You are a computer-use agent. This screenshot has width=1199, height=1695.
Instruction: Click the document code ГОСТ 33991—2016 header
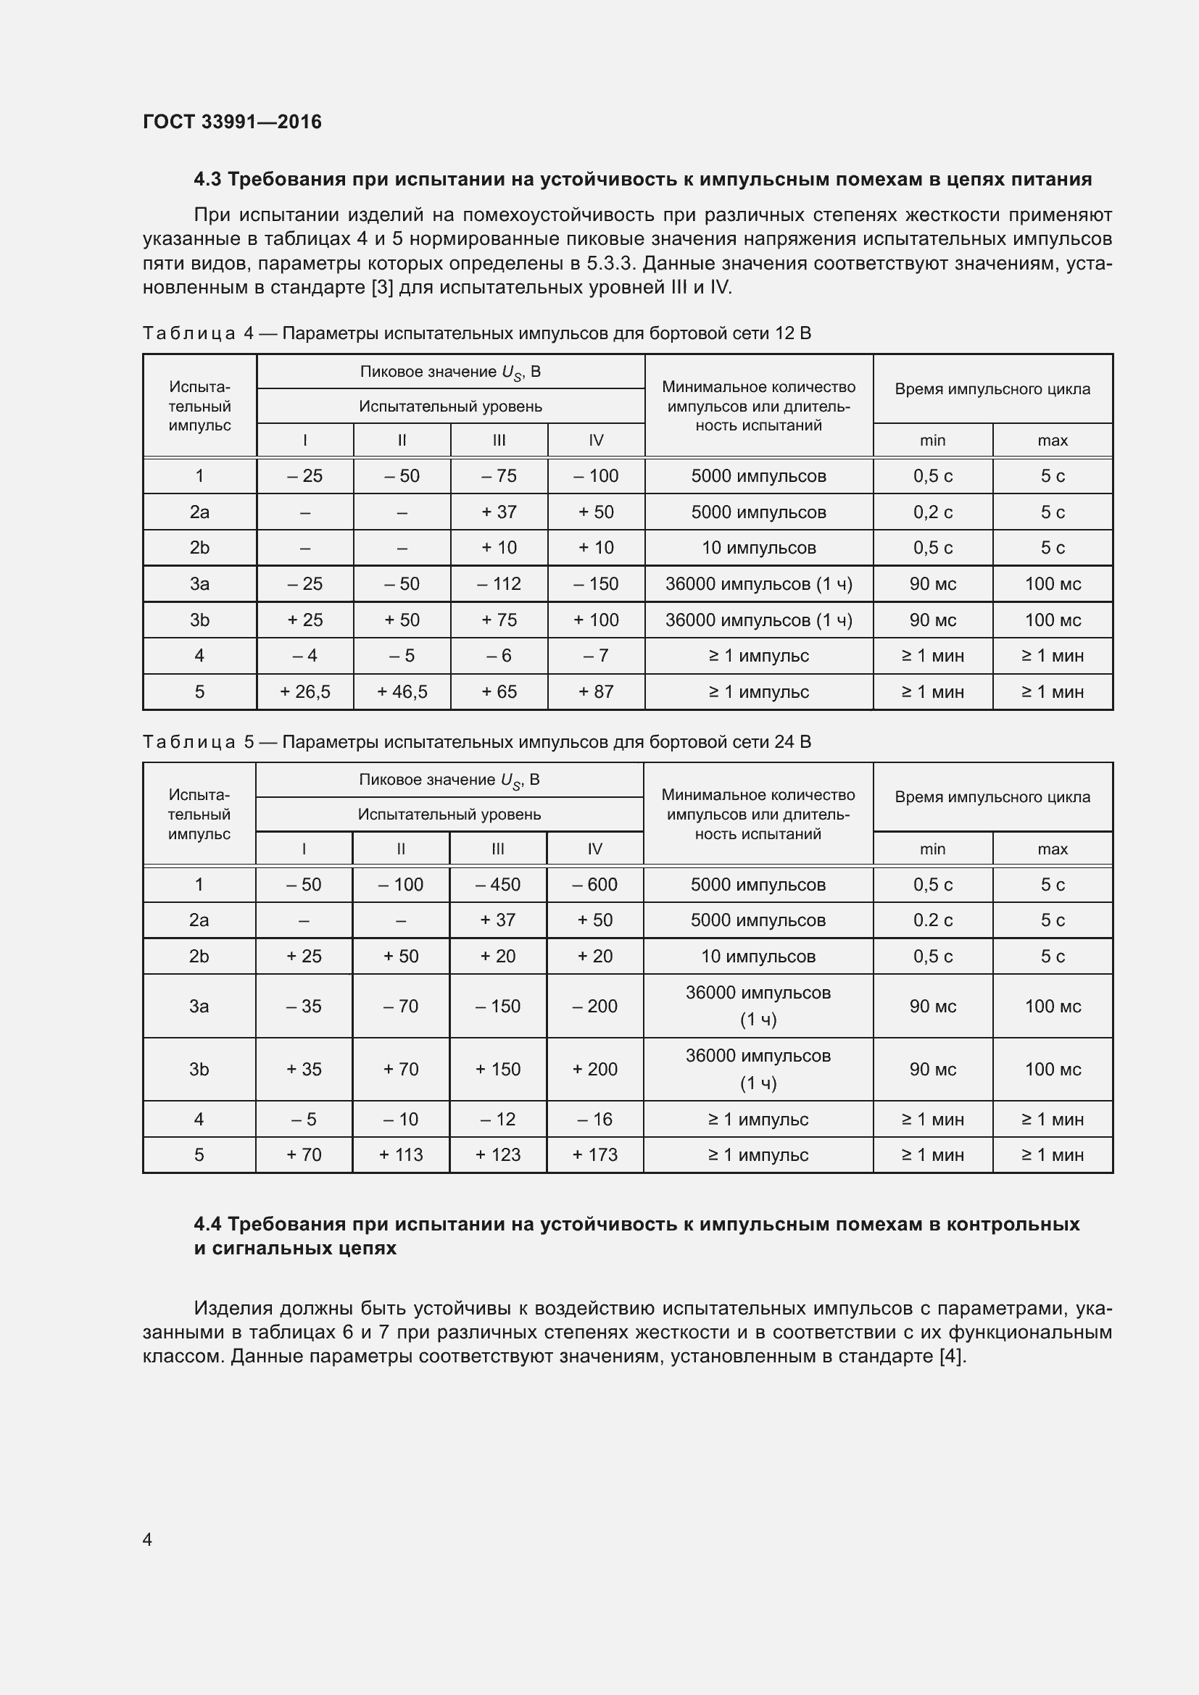tap(232, 122)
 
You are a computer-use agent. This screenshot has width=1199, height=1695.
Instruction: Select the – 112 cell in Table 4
tap(499, 584)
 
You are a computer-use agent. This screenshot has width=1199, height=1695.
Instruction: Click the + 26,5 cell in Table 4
tap(305, 692)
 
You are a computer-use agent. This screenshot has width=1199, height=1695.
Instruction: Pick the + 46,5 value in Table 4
tap(402, 692)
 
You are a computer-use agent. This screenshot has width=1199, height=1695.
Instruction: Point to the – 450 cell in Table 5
tap(497, 884)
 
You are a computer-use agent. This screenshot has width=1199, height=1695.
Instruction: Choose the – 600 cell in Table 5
tap(594, 884)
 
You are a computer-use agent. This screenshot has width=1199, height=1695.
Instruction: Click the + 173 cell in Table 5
tap(594, 1154)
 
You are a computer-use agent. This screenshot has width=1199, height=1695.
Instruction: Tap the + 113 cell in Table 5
tap(400, 1154)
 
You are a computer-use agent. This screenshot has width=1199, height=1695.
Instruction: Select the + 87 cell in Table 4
tap(596, 692)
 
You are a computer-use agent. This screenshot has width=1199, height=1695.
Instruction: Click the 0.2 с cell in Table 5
tap(932, 920)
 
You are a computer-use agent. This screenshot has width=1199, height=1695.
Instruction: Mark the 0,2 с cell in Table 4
tap(932, 512)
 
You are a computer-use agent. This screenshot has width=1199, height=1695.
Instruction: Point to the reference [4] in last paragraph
tap(951, 1357)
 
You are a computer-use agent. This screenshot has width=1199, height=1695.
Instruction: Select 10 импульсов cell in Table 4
tap(758, 548)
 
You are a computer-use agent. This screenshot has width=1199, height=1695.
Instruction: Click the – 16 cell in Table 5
tap(594, 1119)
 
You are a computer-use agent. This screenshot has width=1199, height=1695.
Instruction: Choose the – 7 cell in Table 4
tap(596, 656)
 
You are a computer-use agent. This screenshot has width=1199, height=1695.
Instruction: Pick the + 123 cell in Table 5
tap(497, 1154)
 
